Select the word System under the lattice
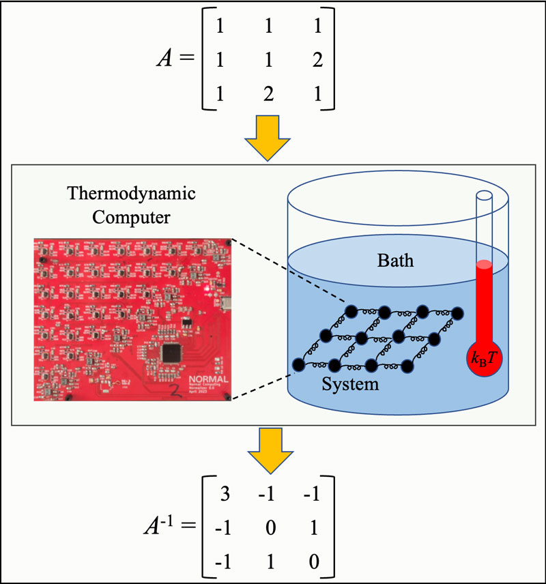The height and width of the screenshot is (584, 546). [x=351, y=383]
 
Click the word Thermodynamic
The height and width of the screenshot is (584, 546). [x=131, y=193]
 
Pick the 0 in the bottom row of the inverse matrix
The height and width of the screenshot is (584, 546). [x=315, y=564]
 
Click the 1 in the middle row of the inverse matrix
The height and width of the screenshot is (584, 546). [x=315, y=528]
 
